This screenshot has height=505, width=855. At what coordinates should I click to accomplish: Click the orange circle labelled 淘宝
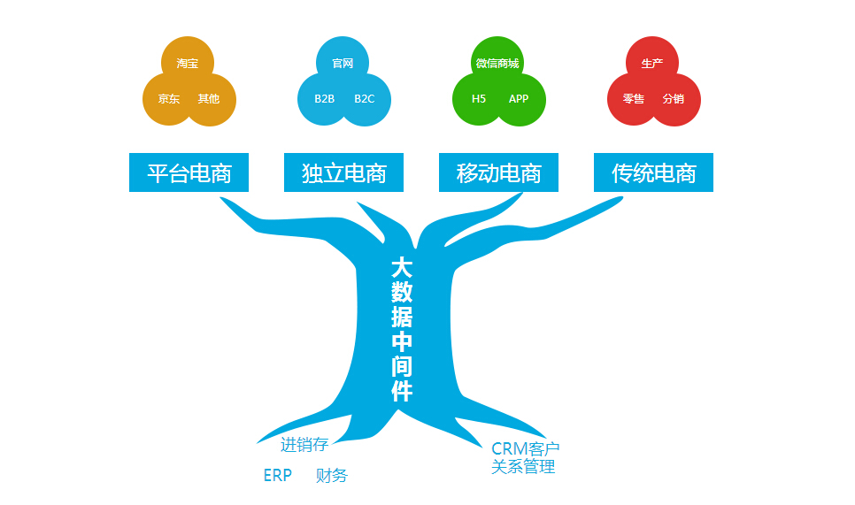click(x=188, y=63)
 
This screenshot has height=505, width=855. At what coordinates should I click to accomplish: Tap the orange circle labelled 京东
click(x=168, y=99)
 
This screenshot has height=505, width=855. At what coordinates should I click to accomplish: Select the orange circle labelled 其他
click(x=209, y=99)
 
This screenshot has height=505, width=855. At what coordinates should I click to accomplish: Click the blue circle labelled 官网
click(x=343, y=63)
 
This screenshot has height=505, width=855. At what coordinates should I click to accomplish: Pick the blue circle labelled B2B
click(x=324, y=99)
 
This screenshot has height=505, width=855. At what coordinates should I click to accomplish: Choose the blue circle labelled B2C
click(x=365, y=99)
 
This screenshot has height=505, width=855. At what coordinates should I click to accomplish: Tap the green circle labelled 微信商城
click(x=497, y=63)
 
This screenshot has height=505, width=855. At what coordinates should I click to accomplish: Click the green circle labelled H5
click(x=479, y=99)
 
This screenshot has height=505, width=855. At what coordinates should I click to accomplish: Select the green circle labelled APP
click(x=519, y=99)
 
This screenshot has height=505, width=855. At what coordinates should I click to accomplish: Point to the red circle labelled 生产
click(x=652, y=63)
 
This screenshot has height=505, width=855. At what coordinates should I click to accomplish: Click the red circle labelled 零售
click(x=634, y=99)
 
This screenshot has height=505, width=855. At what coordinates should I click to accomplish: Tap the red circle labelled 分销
click(x=674, y=99)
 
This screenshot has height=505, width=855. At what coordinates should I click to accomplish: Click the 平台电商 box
click(x=189, y=172)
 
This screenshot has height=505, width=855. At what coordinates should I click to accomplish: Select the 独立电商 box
click(x=343, y=172)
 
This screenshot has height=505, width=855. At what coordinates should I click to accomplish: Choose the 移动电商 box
click(x=498, y=172)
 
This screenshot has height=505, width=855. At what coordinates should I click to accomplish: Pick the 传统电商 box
click(x=653, y=172)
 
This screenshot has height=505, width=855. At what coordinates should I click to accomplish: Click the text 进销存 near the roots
click(x=304, y=445)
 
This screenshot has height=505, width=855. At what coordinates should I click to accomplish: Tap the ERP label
click(x=277, y=476)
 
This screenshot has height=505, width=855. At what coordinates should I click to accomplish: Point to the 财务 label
click(x=332, y=476)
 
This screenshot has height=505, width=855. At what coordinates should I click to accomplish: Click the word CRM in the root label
click(x=509, y=449)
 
